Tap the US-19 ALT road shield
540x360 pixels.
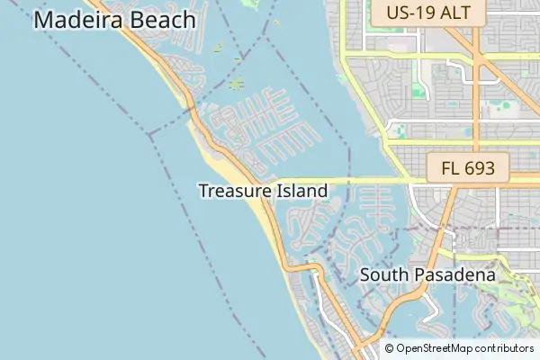pyautogui.click(x=434, y=13)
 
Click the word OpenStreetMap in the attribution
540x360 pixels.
pyautogui.click(x=435, y=348)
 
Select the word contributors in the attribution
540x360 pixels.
pyautogui.click(x=504, y=348)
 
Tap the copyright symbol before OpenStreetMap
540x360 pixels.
pyautogui.click(x=390, y=348)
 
